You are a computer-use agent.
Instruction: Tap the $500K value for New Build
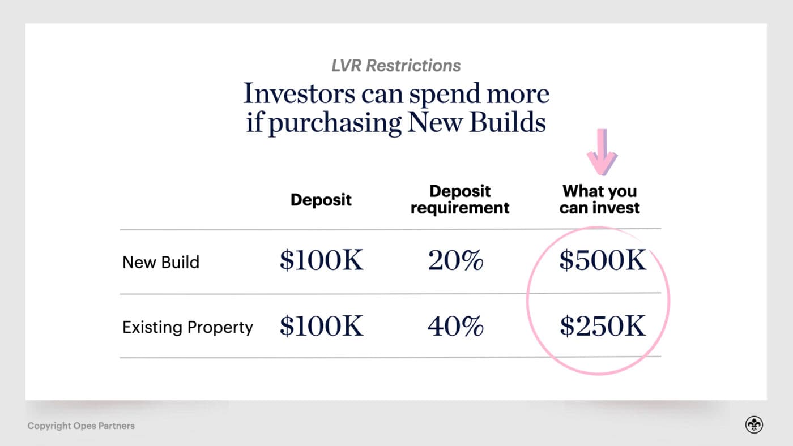tap(603, 261)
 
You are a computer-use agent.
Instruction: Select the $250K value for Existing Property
tap(603, 327)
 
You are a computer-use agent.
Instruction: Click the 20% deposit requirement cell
tap(456, 261)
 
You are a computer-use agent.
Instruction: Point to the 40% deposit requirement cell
tap(456, 327)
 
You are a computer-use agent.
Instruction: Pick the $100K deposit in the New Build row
tap(321, 261)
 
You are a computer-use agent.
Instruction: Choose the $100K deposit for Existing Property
tap(321, 327)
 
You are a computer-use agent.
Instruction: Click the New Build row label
tap(161, 262)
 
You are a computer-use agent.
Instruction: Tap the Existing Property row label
tap(187, 328)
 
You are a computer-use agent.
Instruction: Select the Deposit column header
tap(321, 200)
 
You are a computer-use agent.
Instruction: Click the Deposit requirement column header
tap(460, 199)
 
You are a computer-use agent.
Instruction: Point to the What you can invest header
tap(600, 199)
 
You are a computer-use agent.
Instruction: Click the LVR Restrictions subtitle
tap(396, 66)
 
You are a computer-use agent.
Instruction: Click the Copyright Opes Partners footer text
tap(81, 426)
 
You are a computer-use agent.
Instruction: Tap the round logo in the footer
tap(754, 425)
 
